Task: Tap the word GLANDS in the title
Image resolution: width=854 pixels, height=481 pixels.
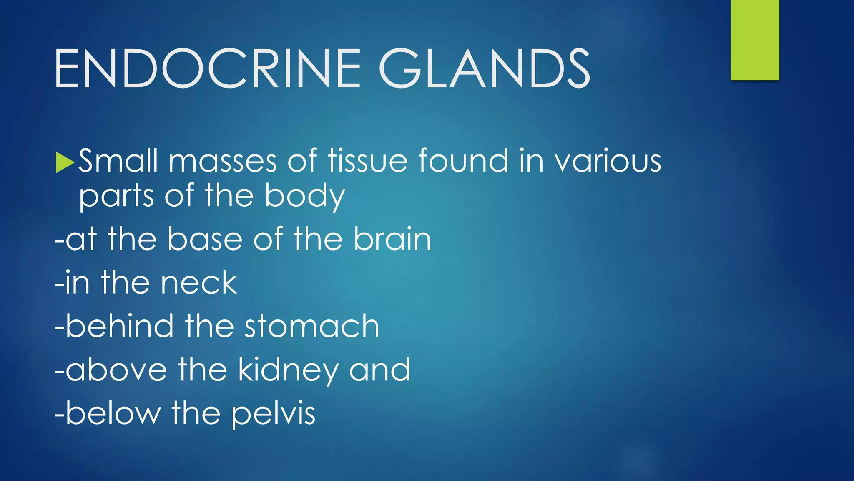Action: point(484,69)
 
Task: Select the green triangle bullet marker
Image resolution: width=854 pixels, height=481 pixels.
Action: point(65,162)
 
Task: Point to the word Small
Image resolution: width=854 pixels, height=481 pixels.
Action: point(118,161)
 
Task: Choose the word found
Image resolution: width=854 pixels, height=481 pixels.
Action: point(463,161)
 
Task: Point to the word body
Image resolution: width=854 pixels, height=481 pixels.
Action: point(305,196)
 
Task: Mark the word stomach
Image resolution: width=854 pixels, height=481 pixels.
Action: point(311,326)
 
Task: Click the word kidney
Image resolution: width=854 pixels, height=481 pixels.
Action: point(288,370)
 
